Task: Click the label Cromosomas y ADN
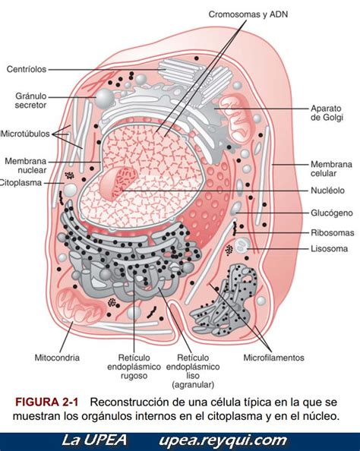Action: click(248, 14)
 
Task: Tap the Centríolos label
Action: click(27, 69)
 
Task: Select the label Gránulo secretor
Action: click(31, 100)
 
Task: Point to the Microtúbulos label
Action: click(25, 134)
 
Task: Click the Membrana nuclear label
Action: click(26, 166)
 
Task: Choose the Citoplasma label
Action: click(21, 183)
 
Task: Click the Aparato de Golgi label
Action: click(327, 112)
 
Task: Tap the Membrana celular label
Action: click(331, 169)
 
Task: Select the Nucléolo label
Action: click(327, 191)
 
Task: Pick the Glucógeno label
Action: click(331, 213)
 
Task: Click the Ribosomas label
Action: click(333, 232)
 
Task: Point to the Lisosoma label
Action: click(329, 248)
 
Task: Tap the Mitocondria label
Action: click(57, 358)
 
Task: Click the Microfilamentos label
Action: click(273, 358)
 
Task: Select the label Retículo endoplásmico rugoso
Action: click(134, 367)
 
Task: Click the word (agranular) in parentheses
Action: click(193, 384)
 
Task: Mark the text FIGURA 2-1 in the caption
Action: click(46, 402)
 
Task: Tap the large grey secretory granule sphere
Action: click(104, 98)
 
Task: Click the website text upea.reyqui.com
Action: click(223, 440)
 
